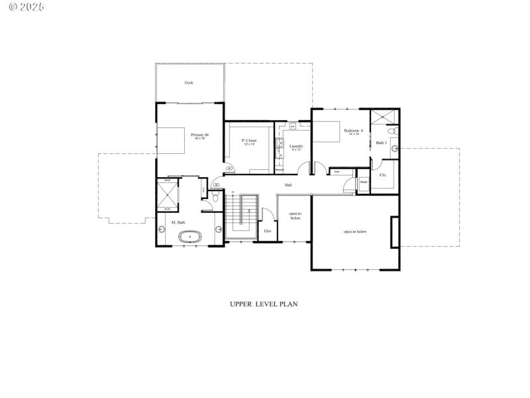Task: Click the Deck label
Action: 189,83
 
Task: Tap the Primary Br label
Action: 200,135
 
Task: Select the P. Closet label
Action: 249,141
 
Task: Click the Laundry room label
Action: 296,147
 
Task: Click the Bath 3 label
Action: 381,143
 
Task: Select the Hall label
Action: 289,185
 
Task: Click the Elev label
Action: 268,231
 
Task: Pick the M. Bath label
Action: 178,222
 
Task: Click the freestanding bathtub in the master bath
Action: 191,235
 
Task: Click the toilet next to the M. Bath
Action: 215,198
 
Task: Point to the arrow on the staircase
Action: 249,212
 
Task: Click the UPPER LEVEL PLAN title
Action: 264,304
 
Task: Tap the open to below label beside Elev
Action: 295,216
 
